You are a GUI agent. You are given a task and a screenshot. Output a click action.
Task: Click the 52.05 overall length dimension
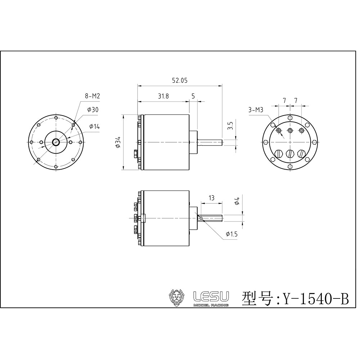(x=179, y=81)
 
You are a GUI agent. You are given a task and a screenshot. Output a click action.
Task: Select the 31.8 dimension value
(x=163, y=96)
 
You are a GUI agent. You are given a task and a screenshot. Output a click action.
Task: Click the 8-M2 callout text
(x=92, y=96)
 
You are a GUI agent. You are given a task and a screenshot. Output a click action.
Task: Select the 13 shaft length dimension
(x=211, y=198)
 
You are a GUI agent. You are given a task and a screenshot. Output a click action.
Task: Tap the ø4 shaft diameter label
(x=237, y=202)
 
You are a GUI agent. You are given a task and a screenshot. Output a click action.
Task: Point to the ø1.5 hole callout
(x=231, y=234)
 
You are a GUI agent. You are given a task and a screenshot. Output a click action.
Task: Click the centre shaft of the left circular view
(x=56, y=142)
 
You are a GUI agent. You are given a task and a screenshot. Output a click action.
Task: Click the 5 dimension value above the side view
(x=193, y=96)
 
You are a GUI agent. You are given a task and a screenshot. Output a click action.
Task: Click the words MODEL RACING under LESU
(x=211, y=305)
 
